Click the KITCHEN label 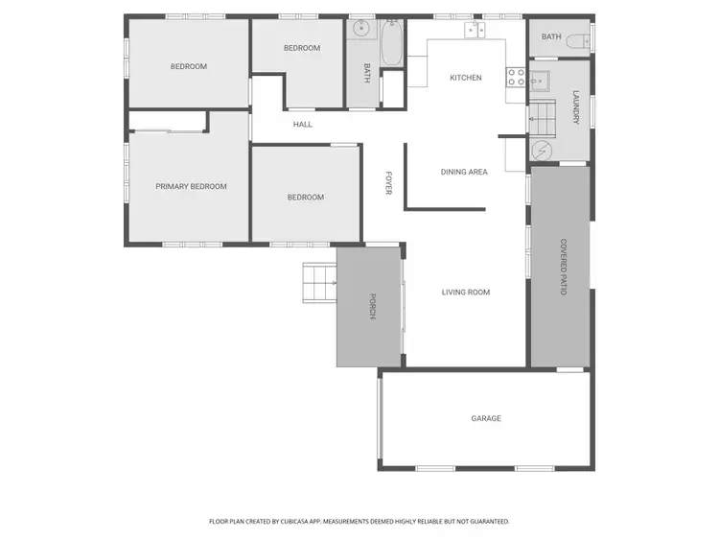point(466,78)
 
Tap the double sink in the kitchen point(475,31)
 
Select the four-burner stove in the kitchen point(516,78)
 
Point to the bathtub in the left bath point(392,43)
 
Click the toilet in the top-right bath point(579,39)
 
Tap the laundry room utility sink point(541,79)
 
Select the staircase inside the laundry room point(544,120)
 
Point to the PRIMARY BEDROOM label point(191,186)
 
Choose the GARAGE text point(486,418)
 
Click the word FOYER point(388,183)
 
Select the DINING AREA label point(464,173)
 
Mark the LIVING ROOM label point(466,293)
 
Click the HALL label point(303,124)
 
